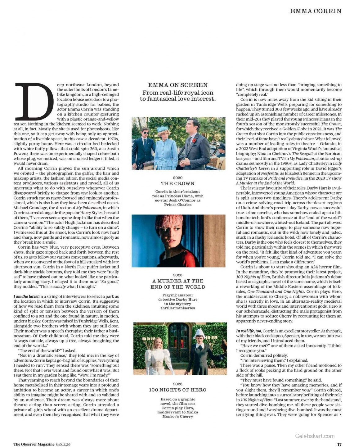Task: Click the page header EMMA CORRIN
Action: point(316,11)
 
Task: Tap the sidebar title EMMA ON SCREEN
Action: point(178,85)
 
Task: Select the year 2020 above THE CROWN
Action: point(178,178)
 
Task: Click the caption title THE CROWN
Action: point(178,184)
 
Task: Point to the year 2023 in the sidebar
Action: point(178,275)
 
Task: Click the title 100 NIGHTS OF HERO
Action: point(178,390)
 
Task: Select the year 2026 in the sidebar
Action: point(178,384)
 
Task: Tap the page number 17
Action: point(339,444)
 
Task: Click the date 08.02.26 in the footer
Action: point(63,444)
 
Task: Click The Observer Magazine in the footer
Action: point(34,444)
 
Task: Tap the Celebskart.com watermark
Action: point(315,436)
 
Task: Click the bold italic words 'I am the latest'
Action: point(26,296)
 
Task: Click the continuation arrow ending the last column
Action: point(340,414)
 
